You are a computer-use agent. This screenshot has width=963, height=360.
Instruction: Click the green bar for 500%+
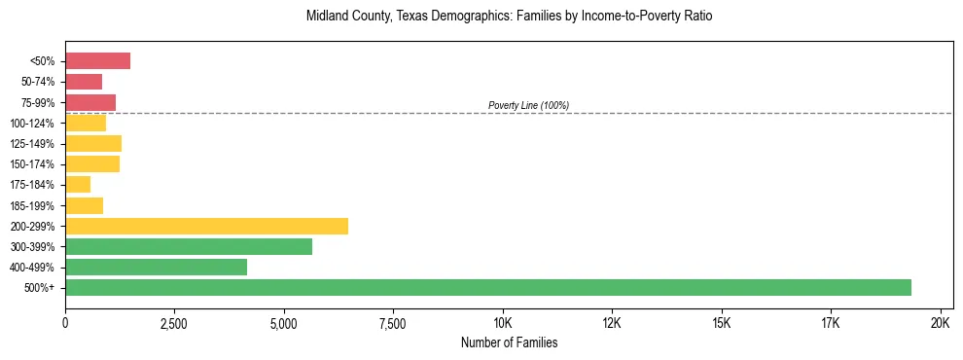487,287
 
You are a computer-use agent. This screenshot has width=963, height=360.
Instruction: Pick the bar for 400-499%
156,267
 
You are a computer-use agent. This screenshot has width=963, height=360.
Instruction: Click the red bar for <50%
97,61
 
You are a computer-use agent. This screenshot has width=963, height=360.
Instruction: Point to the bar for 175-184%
78,185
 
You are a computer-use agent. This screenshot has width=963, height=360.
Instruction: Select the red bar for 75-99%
90,102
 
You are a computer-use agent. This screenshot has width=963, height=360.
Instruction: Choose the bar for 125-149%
93,144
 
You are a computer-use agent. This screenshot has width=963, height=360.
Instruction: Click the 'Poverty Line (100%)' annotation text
528,105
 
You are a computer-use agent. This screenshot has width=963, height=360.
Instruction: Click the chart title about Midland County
509,17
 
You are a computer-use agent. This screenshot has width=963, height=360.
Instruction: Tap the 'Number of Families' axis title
509,342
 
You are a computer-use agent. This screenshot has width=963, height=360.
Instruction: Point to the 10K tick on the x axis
503,322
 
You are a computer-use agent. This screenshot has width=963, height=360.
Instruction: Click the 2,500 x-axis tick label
174,322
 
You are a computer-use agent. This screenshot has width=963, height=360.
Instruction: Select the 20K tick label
941,322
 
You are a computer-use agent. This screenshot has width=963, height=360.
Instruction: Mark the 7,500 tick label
393,322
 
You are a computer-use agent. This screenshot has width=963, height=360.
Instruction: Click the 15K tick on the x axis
722,322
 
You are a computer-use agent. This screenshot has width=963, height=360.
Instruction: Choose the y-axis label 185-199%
37,205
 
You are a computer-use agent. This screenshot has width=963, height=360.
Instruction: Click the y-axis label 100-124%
37,124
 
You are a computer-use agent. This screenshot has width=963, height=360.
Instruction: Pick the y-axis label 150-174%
37,164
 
